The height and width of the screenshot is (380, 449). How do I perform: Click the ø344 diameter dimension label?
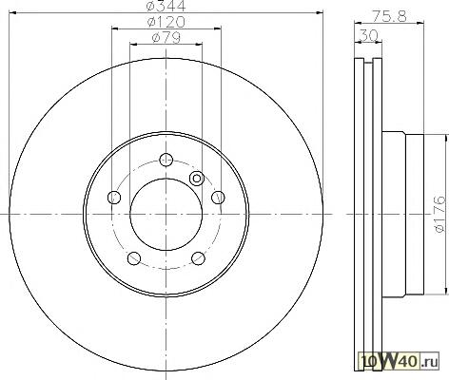click(x=166, y=6)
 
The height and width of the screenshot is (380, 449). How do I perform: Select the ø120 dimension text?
click(x=166, y=22)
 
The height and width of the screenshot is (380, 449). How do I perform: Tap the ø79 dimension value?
click(x=166, y=38)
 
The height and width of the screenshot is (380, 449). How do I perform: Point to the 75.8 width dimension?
click(x=389, y=16)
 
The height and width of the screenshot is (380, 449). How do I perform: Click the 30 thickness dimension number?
click(x=368, y=35)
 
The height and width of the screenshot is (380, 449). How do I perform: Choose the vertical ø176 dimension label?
click(x=440, y=214)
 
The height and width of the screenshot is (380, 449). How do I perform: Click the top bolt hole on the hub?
click(x=166, y=160)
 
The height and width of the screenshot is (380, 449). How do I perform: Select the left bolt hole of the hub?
click(x=114, y=198)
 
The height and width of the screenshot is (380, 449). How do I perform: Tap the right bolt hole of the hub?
click(x=218, y=198)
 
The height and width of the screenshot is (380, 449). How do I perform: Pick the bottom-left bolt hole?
click(x=134, y=258)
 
